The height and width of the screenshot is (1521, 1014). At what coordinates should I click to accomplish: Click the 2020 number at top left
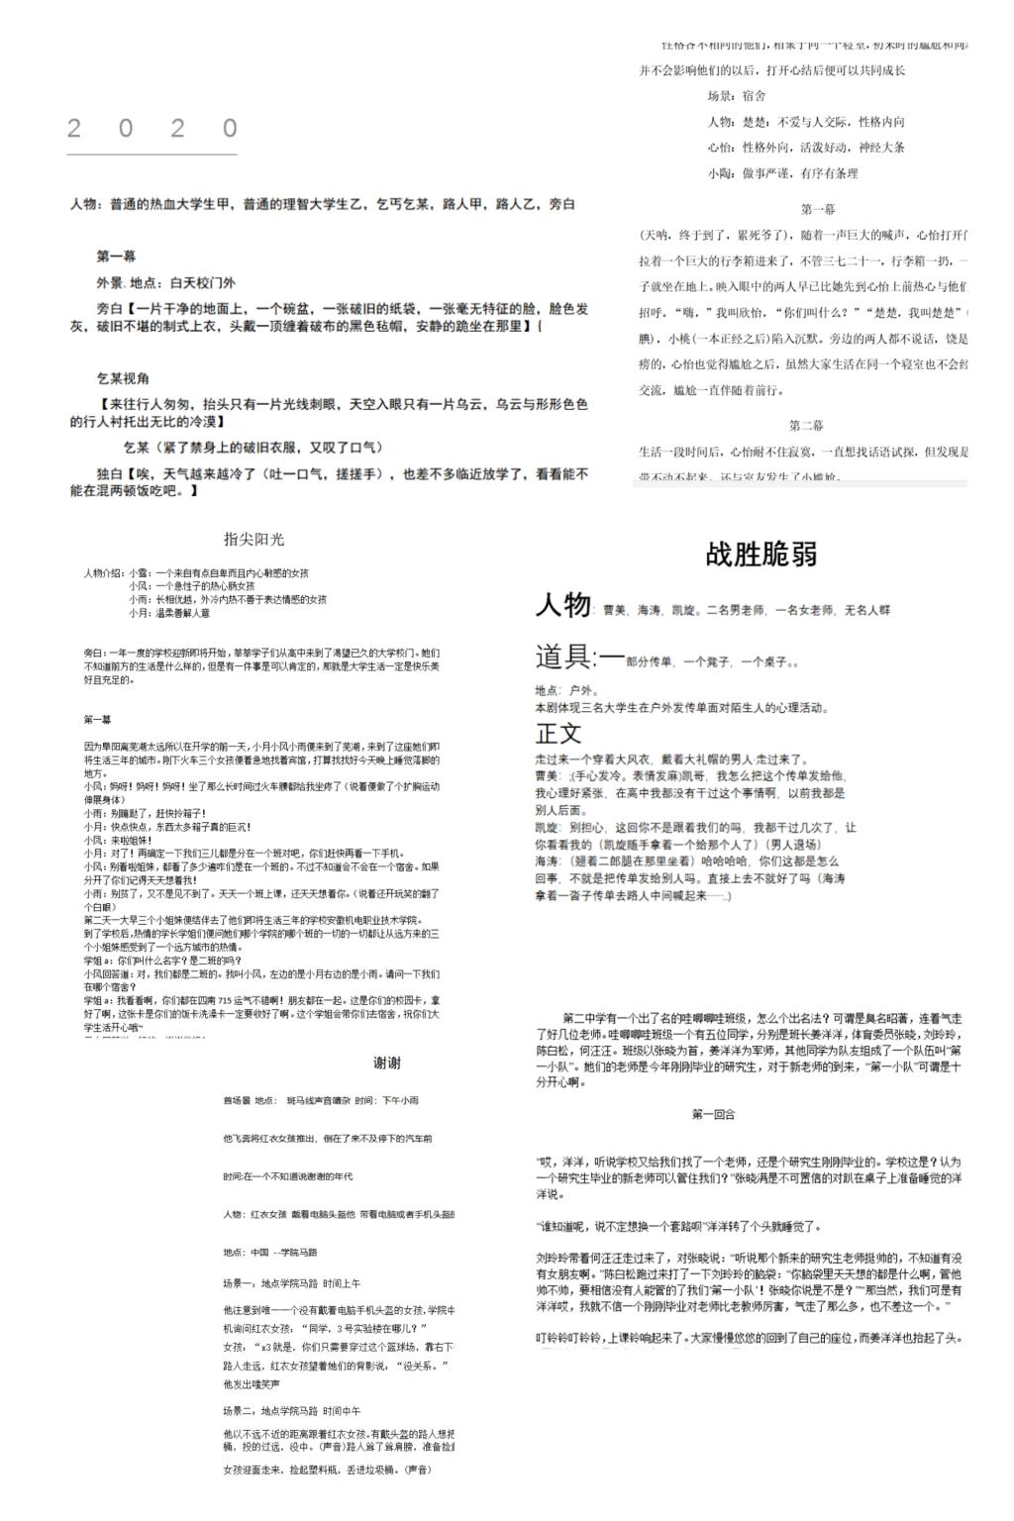point(152,129)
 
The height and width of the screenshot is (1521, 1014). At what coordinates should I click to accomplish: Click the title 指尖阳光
point(253,540)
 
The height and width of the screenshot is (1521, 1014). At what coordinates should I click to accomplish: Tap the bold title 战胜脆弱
point(761,555)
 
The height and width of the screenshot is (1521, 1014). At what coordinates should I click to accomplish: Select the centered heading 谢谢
point(387,1064)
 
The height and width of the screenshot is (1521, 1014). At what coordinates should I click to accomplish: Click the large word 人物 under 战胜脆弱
point(562,605)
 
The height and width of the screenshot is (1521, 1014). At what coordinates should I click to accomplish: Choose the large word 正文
point(558,734)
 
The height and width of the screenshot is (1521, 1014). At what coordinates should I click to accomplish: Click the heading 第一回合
point(713,1115)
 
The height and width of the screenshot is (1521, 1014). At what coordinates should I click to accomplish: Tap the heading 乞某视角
point(124,379)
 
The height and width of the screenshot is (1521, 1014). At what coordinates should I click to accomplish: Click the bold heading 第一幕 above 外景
point(117,256)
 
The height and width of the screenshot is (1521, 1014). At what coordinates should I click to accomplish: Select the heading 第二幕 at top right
point(806,426)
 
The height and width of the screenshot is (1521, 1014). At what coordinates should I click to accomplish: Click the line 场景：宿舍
point(736,96)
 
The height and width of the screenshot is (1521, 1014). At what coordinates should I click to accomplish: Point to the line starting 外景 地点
point(166,282)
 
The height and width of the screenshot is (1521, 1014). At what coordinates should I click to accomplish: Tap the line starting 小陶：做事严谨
point(782,173)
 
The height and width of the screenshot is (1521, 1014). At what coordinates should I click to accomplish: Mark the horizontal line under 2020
point(152,154)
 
